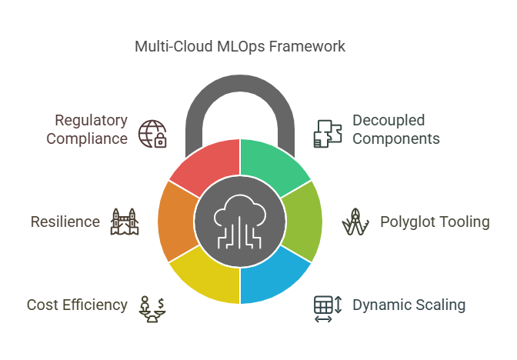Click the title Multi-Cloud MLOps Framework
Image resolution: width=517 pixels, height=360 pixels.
tap(240, 46)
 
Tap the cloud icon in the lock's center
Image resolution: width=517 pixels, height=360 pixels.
tap(240, 222)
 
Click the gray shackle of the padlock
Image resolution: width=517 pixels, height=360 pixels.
tap(240, 85)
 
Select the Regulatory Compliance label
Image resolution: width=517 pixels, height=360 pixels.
tap(87, 129)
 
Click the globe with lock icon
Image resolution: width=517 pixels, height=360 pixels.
tap(152, 134)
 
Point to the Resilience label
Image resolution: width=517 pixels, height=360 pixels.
tap(65, 222)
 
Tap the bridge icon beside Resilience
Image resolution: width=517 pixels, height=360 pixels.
tap(125, 222)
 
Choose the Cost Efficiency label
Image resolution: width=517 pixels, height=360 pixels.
tap(77, 305)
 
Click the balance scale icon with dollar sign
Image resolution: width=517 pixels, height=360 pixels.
tap(152, 309)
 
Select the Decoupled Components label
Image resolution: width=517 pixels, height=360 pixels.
tap(396, 129)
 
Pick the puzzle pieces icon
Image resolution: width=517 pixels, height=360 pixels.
tap(328, 134)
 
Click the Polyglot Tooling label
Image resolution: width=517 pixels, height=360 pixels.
tap(435, 222)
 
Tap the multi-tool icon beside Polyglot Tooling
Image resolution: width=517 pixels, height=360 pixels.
tap(355, 222)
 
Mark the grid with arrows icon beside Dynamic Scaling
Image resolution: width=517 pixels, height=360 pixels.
tap(328, 309)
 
